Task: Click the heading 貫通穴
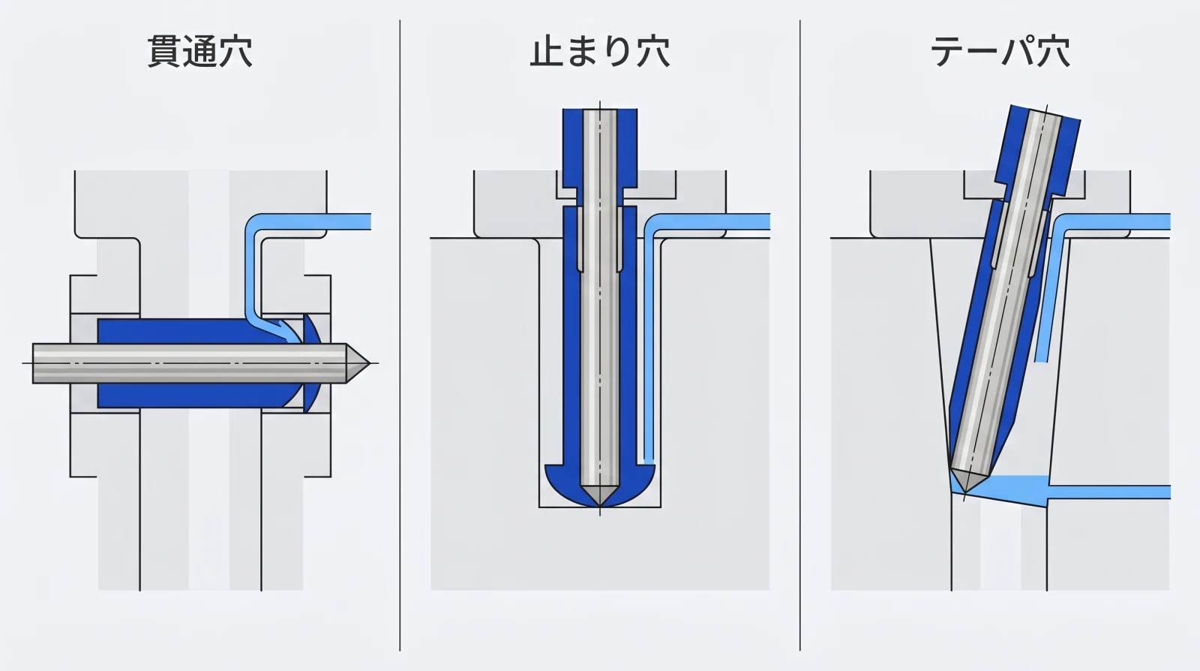point(199,52)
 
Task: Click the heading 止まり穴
point(599,52)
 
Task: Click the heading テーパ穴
point(1000,52)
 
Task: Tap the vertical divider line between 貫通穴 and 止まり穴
point(400,338)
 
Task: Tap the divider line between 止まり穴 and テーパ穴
point(799,338)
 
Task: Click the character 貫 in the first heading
point(163,52)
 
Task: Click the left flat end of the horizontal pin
point(34,363)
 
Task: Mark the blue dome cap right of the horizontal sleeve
point(313,363)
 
